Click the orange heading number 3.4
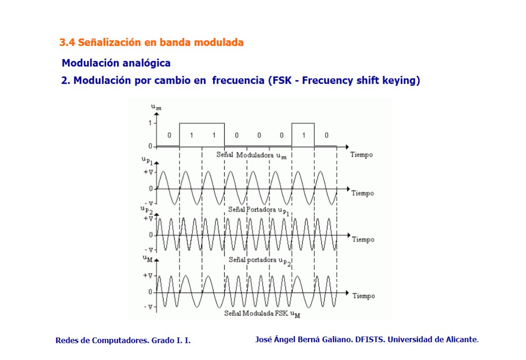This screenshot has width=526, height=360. pyautogui.click(x=67, y=43)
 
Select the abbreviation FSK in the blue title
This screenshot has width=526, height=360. pyautogui.click(x=282, y=81)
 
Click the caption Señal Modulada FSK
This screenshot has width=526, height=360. pyautogui.click(x=256, y=313)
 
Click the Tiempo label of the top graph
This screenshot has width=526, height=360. pyautogui.click(x=361, y=155)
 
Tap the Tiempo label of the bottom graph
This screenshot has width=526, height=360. pyautogui.click(x=364, y=296)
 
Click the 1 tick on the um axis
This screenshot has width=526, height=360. pyautogui.click(x=150, y=123)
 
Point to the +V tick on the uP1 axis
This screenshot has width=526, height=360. pyautogui.click(x=148, y=172)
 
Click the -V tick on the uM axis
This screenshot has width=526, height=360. pyautogui.click(x=148, y=307)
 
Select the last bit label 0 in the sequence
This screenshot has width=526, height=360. pyautogui.click(x=327, y=135)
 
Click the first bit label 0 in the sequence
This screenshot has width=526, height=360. pyautogui.click(x=169, y=135)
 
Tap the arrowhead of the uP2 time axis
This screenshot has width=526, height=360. pyautogui.click(x=349, y=235)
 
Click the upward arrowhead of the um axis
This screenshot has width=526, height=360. pyautogui.click(x=156, y=114)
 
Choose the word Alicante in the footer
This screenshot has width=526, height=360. pyautogui.click(x=461, y=339)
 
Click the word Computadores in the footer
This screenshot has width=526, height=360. pyautogui.click(x=121, y=340)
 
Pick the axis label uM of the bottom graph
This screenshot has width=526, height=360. pyautogui.click(x=148, y=258)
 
